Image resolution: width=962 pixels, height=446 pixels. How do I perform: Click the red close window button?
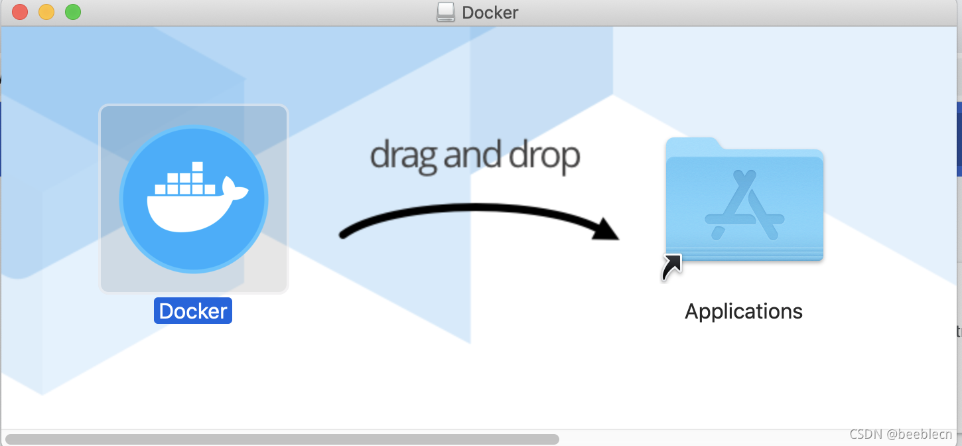[20, 12]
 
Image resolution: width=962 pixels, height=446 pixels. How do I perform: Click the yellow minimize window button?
[46, 12]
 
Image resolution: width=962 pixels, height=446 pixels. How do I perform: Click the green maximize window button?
[72, 12]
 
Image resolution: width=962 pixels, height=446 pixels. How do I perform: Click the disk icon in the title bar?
[446, 12]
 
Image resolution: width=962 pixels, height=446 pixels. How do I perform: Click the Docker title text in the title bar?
[490, 12]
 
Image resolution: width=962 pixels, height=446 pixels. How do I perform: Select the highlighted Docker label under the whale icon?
[193, 311]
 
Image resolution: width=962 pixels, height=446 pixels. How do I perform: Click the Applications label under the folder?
[743, 311]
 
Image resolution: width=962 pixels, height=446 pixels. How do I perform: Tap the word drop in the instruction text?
[545, 156]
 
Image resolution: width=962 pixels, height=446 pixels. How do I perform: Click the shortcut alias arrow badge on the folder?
[671, 267]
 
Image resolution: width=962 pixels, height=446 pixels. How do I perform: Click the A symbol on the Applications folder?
[744, 205]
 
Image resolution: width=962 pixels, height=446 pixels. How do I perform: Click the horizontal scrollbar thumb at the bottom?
[282, 439]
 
